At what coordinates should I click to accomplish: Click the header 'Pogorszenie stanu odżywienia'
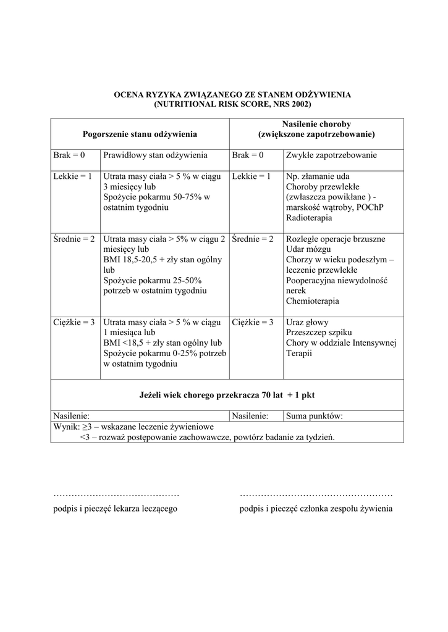pyautogui.click(x=140, y=133)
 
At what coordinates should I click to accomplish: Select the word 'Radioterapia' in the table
pyautogui.click(x=309, y=218)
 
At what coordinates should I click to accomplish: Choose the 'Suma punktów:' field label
pyautogui.click(x=315, y=416)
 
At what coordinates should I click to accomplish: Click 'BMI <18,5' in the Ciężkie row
pyautogui.click(x=124, y=343)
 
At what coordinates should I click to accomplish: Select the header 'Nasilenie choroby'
pyautogui.click(x=316, y=123)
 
